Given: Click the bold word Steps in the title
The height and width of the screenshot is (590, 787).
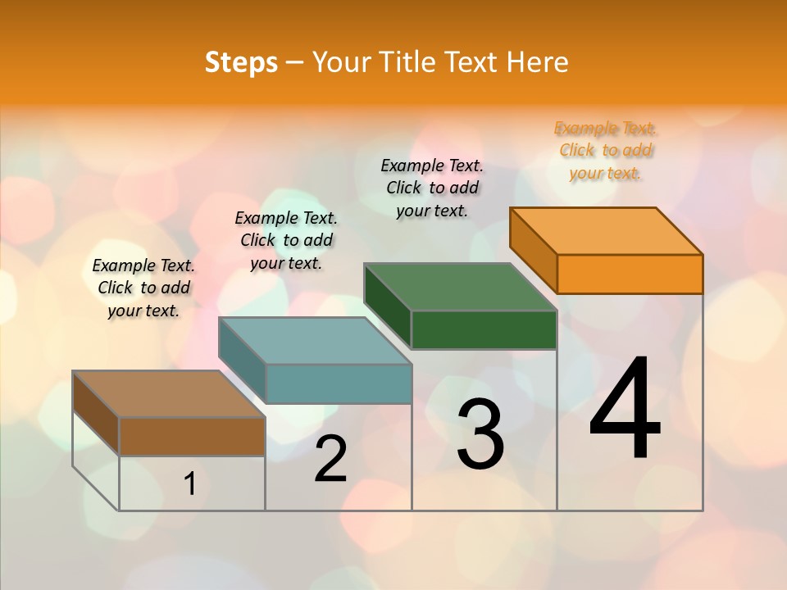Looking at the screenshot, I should point(241,62).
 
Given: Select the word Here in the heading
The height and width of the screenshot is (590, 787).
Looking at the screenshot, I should point(538,62).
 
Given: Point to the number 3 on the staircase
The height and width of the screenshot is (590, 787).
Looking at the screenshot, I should point(480,434).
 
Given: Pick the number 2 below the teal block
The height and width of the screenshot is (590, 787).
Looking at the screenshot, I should point(331,459).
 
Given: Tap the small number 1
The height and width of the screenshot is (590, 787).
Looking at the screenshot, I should point(190,483).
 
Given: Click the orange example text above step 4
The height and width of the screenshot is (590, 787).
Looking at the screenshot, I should point(606,151).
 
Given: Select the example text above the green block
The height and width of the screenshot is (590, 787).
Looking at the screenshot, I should point(432,188).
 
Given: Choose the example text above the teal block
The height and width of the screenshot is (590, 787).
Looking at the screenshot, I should point(286,240).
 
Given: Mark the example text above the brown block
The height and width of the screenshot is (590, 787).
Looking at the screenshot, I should point(143,288).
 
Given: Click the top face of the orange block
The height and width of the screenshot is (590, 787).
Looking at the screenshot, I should point(607,230).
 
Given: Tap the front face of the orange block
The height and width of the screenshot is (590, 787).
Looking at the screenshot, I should point(630,274).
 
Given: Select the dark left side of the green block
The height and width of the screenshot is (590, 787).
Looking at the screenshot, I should point(388,306).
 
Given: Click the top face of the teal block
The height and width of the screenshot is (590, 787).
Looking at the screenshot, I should point(315,340).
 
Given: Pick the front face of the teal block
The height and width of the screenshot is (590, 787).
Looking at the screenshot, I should point(339,383).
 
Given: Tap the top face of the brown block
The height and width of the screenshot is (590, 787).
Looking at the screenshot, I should point(169,393).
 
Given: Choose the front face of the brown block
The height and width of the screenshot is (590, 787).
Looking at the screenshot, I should point(192,436).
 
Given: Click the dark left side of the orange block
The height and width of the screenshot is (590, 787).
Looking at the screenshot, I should point(534,249).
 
